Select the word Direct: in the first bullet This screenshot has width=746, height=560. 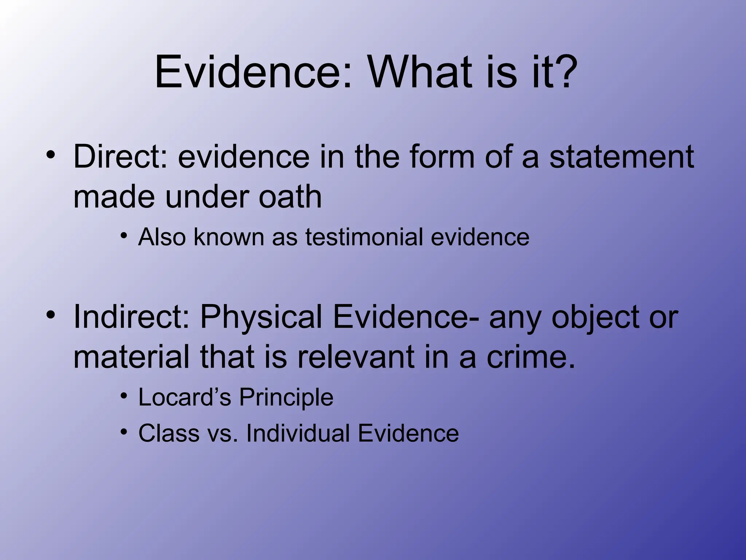pos(121,157)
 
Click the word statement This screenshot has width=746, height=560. pos(621,157)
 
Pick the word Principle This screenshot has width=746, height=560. pos(286,397)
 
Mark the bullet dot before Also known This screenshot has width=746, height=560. pos(125,236)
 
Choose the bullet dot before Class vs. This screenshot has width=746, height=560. pos(125,432)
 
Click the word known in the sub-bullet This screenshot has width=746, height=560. pos(229,237)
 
